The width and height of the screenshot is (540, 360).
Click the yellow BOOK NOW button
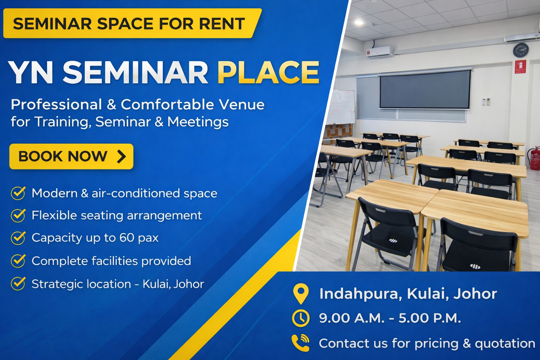[x=71, y=156]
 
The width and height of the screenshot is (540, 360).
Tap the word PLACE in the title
[x=269, y=72]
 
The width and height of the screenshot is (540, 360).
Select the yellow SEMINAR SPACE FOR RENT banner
[x=132, y=23]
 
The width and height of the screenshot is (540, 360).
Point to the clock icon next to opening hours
[x=301, y=318]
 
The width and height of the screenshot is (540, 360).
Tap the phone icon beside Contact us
[x=301, y=343]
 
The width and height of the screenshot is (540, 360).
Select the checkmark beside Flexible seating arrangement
[x=18, y=215]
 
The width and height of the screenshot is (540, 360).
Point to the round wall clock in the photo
[x=521, y=50]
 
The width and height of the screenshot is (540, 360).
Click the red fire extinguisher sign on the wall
[x=521, y=66]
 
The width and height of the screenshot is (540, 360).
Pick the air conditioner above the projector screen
[x=379, y=51]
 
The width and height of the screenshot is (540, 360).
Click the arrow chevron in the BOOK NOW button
[x=122, y=156]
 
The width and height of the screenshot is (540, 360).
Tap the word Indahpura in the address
[x=361, y=294]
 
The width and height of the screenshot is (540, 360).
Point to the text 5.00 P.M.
[x=430, y=318]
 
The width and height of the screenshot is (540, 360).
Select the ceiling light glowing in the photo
[x=359, y=22]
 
